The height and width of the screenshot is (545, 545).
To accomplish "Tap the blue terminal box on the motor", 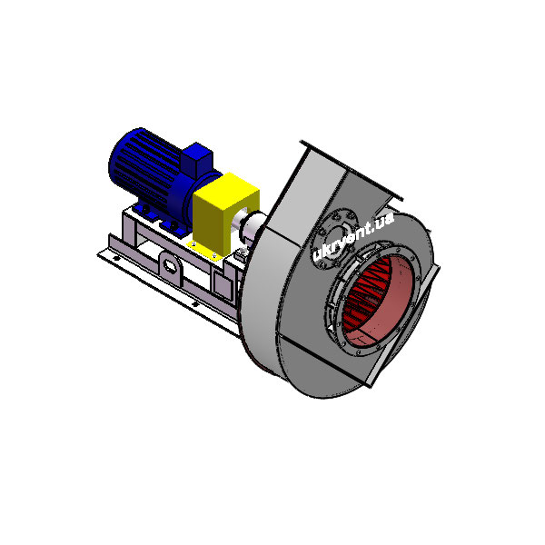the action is (197, 160).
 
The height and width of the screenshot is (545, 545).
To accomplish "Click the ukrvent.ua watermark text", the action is (352, 236).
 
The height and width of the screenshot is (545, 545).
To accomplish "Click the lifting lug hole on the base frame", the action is (170, 265).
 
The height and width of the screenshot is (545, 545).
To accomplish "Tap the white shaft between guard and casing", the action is (252, 225).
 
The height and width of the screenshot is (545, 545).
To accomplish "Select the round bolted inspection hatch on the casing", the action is (334, 238).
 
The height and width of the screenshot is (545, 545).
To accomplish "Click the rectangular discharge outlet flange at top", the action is (351, 170).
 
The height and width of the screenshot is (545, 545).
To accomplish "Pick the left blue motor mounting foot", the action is (145, 211).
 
